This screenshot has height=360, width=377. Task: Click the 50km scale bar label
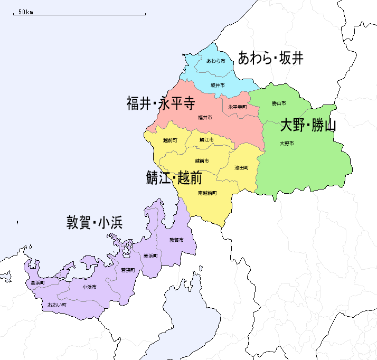pyautogui.click(x=25, y=12)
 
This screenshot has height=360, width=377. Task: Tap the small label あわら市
pyautogui.click(x=215, y=61)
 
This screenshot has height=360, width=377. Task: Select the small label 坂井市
pyautogui.click(x=218, y=85)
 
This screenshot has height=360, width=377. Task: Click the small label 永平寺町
pyautogui.click(x=238, y=107)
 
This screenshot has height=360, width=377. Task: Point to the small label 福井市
pyautogui.click(x=205, y=117)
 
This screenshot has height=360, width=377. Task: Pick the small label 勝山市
pyautogui.click(x=279, y=103)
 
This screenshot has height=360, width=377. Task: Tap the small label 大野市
pyautogui.click(x=287, y=144)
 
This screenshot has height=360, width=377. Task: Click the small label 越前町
pyautogui.click(x=170, y=140)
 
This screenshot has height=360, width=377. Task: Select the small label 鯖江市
pyautogui.click(x=206, y=140)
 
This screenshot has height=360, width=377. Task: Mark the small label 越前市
pyautogui.click(x=202, y=160)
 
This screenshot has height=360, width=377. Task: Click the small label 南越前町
pyautogui.click(x=208, y=193)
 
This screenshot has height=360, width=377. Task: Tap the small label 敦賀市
pyautogui.click(x=177, y=240)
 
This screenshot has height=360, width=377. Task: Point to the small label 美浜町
pyautogui.click(x=150, y=255)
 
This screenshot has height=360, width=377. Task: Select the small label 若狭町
pyautogui.click(x=128, y=270)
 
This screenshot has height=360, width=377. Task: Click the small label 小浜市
pyautogui.click(x=89, y=287)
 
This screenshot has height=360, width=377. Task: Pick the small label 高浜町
pyautogui.click(x=37, y=283)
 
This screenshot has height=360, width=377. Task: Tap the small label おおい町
pyautogui.click(x=56, y=305)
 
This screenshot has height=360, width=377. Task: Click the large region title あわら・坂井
pyautogui.click(x=271, y=58)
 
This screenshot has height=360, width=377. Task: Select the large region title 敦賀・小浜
pyautogui.click(x=95, y=222)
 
